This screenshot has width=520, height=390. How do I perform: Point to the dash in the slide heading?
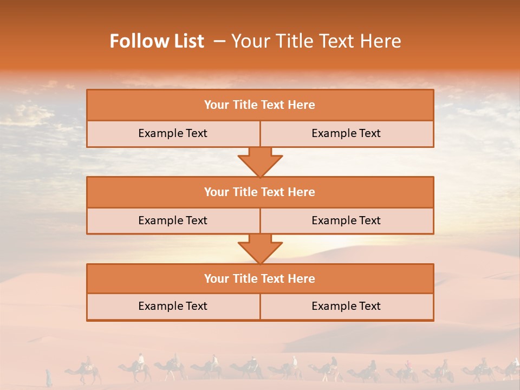pos(219,41)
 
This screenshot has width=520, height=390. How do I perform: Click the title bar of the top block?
pos(260,105)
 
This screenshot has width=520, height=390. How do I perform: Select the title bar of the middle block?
pos(260,192)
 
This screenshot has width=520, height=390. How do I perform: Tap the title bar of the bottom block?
pos(260,279)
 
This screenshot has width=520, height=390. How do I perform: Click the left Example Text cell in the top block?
pos(173,134)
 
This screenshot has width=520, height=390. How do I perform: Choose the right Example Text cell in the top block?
pos(346,134)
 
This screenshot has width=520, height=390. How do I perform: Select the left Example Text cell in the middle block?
pos(173,221)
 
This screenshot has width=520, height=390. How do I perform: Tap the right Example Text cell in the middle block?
pos(346,221)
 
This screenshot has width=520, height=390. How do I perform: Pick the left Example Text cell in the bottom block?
pos(173,307)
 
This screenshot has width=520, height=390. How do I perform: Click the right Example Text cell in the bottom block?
pos(346,307)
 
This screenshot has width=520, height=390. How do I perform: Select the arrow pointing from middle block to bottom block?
pos(260,249)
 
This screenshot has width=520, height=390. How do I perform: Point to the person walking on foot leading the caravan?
pos(49,378)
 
